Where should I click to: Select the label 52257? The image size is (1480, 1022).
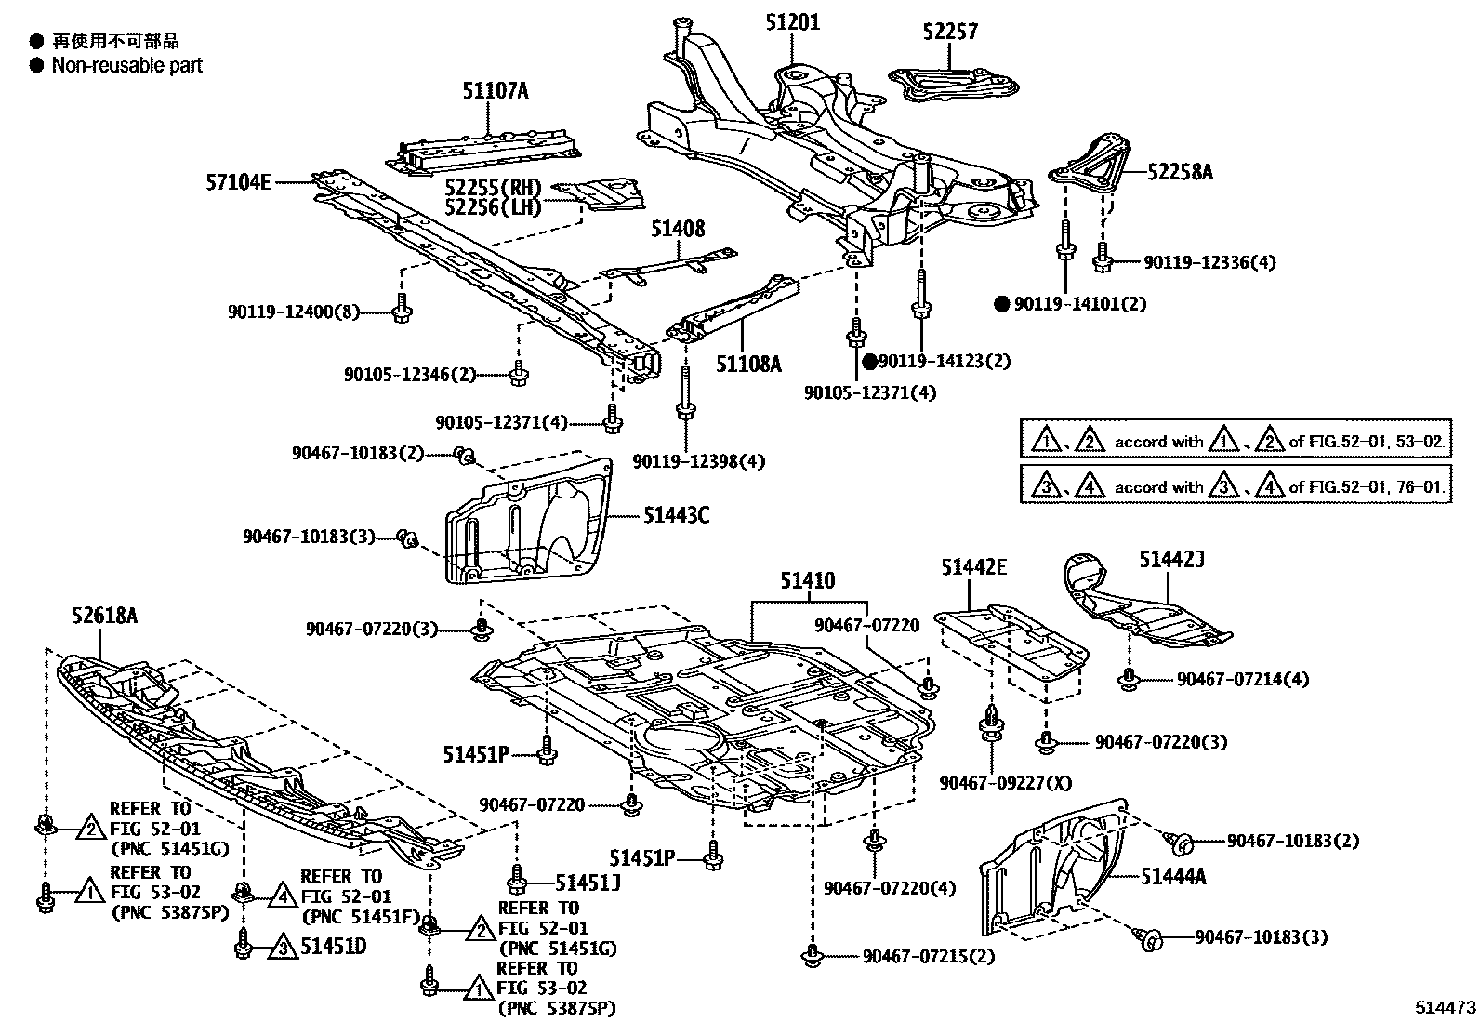click(950, 32)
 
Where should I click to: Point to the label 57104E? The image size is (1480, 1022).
click(238, 182)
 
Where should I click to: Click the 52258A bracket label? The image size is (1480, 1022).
click(1180, 172)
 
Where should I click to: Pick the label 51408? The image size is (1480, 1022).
click(677, 228)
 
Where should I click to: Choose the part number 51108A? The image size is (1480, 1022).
click(748, 364)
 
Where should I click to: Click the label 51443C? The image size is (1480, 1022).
click(676, 514)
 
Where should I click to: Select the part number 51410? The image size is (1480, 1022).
click(807, 581)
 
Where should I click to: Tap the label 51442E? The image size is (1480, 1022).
click(972, 567)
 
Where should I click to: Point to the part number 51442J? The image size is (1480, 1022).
click(1172, 559)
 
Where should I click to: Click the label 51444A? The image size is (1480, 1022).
click(1173, 876)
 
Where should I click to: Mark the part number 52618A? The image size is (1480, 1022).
click(105, 615)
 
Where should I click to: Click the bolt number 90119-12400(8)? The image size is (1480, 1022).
click(293, 313)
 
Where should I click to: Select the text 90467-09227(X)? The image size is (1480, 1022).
click(1004, 783)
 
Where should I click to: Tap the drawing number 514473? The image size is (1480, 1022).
click(1446, 1007)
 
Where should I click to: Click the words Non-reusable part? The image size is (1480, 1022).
click(126, 65)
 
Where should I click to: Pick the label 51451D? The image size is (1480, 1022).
click(333, 948)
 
